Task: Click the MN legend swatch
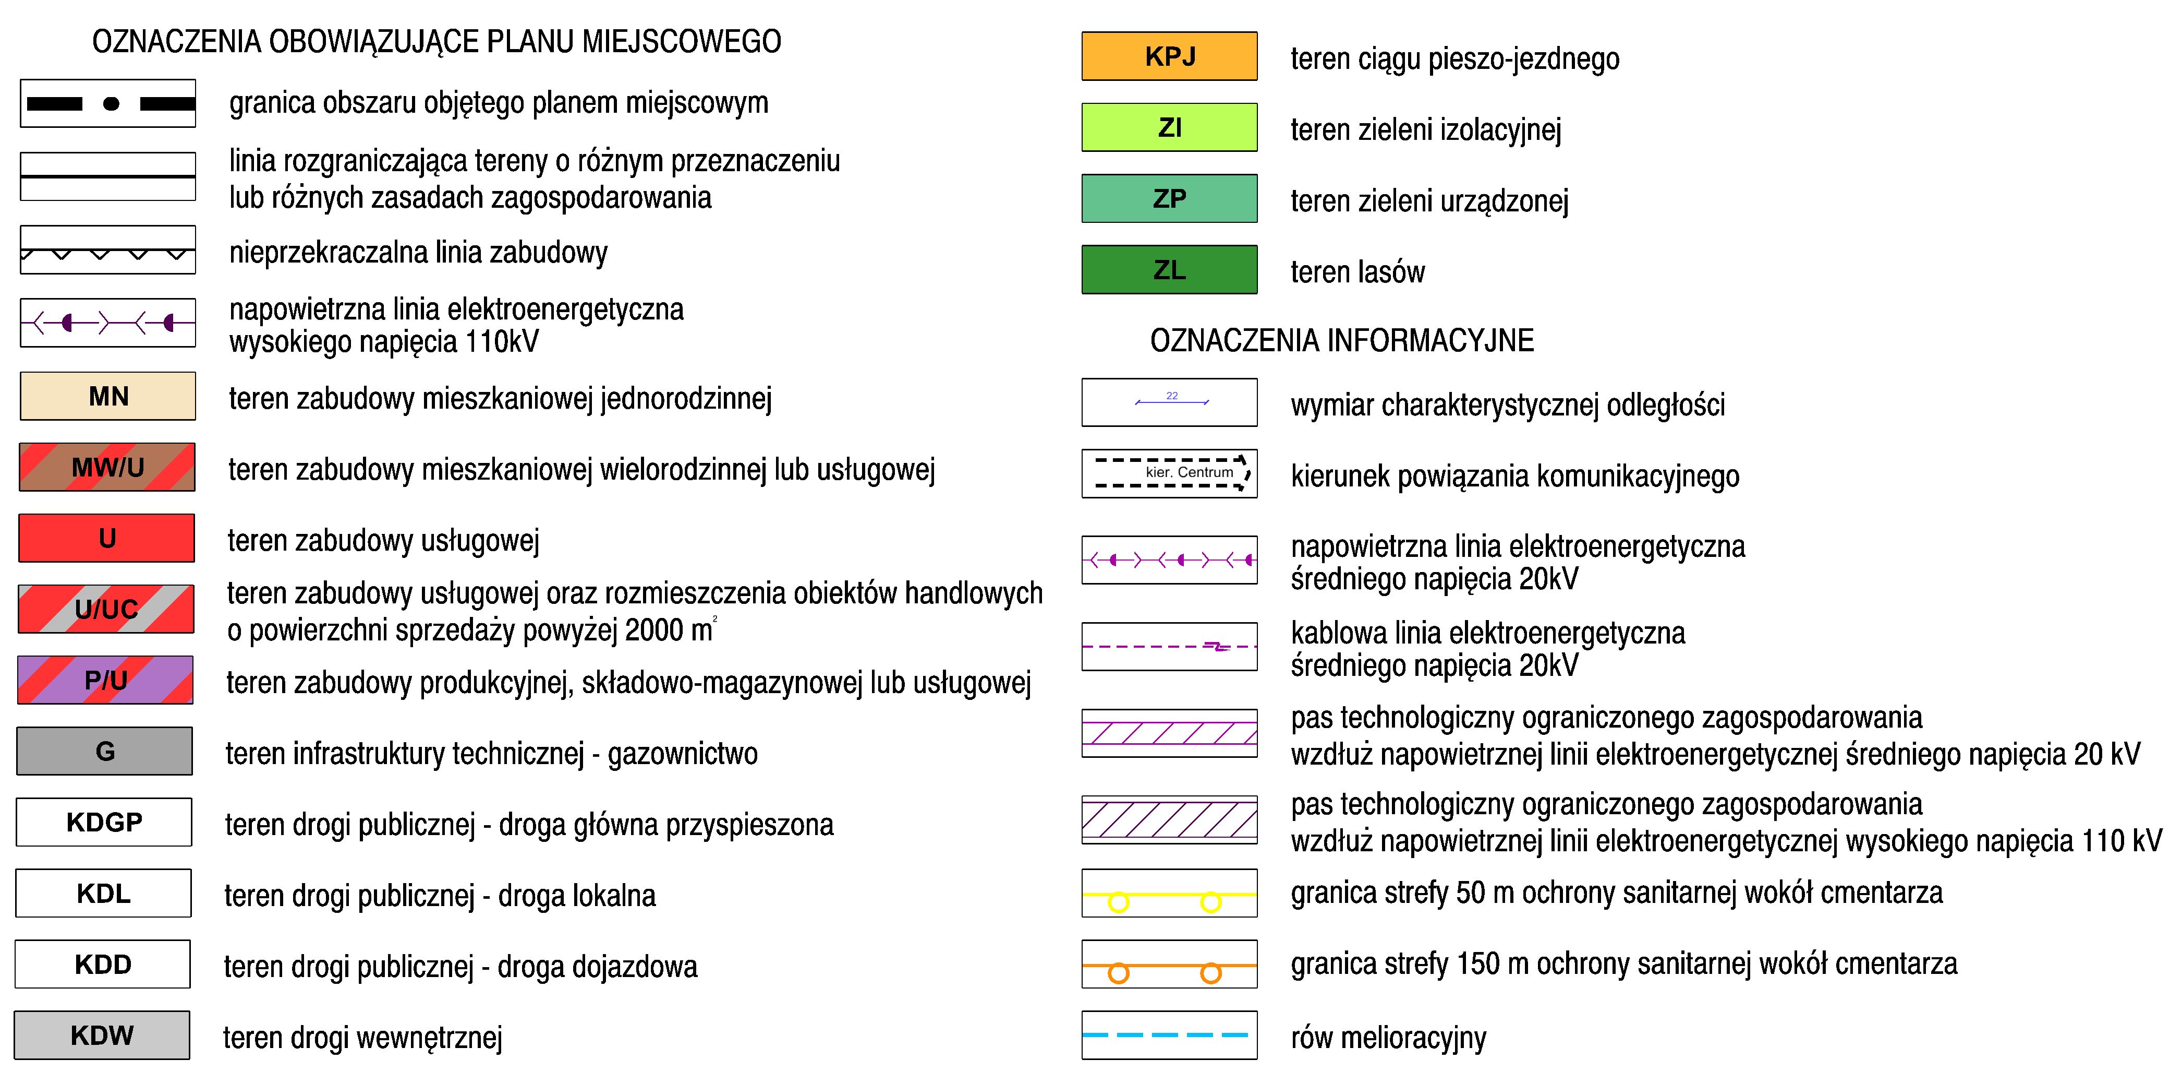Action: tap(107, 396)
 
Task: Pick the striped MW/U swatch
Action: tap(107, 467)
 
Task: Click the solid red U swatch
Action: tap(107, 538)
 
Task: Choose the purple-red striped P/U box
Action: tap(106, 680)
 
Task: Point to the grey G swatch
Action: tap(105, 751)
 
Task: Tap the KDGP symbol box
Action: tap(104, 822)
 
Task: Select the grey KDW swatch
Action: tap(103, 1034)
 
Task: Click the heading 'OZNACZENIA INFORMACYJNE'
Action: tap(1342, 341)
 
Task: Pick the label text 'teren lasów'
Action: tap(1358, 272)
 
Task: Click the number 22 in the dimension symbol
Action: tap(1171, 396)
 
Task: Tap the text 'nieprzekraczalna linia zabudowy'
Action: tap(418, 253)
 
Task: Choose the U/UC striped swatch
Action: tap(106, 609)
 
